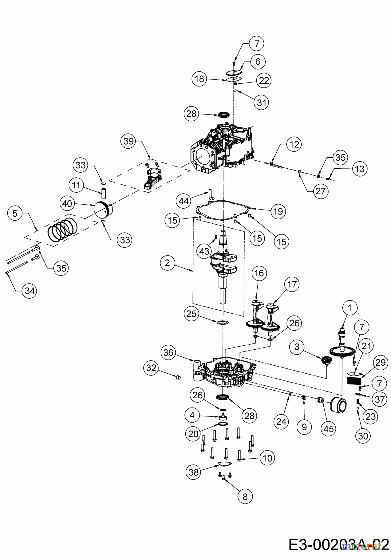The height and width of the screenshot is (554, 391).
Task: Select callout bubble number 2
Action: [167, 263]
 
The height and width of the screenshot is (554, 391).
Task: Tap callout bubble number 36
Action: [168, 352]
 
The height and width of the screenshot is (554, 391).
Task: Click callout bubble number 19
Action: [278, 211]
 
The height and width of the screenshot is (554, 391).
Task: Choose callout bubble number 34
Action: [30, 290]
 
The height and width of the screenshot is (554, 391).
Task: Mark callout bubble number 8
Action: [245, 496]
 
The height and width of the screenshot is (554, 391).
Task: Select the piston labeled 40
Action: [103, 209]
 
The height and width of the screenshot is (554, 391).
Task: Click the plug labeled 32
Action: [178, 377]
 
